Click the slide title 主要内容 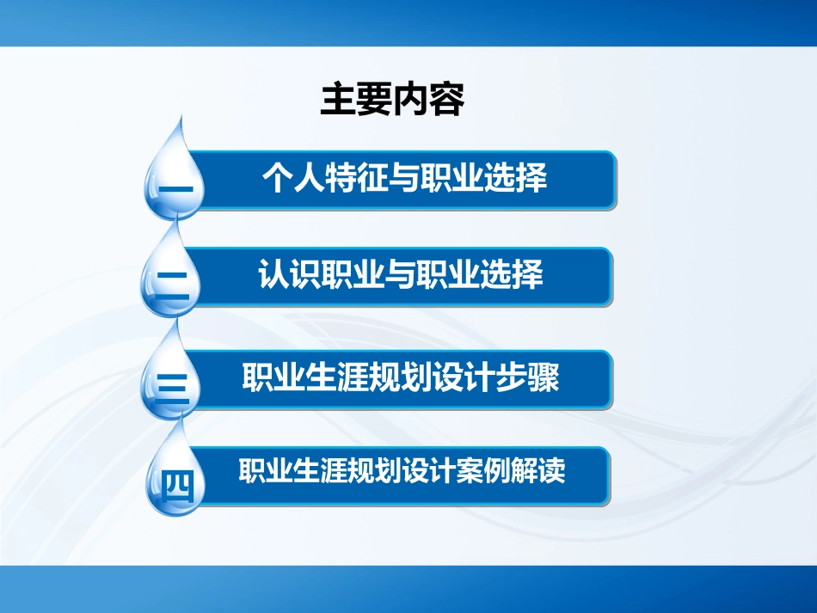(x=392, y=100)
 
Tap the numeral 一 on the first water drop (x=175, y=187)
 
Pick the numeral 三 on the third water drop (x=174, y=385)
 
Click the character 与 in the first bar (x=404, y=179)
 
